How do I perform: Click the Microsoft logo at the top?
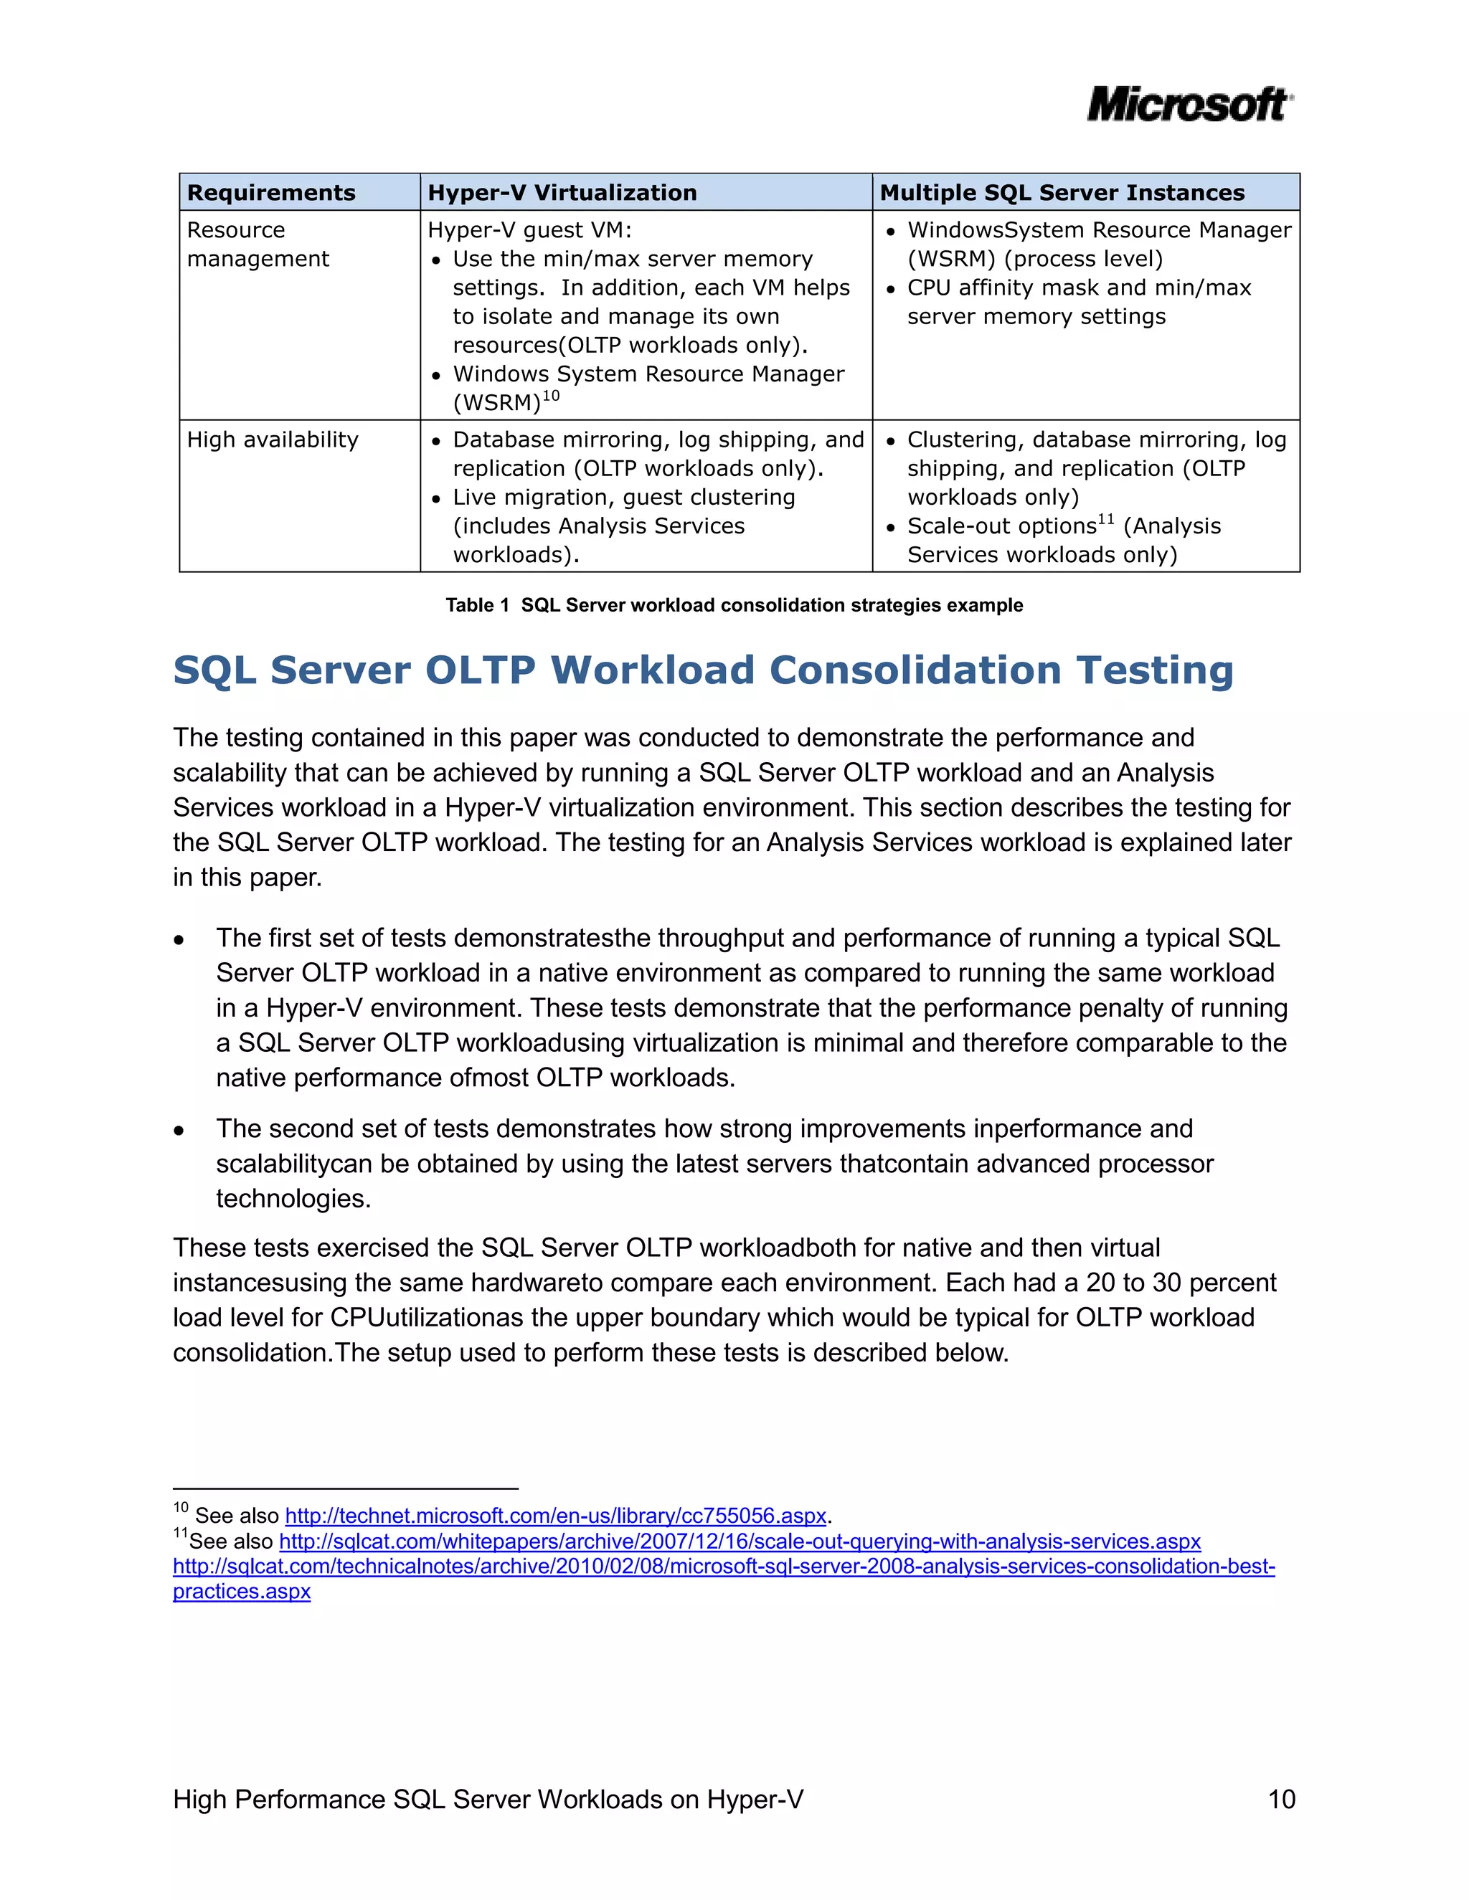click(1189, 105)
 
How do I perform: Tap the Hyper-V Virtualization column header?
click(562, 192)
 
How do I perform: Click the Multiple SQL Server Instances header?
click(1062, 192)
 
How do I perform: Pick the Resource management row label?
click(258, 244)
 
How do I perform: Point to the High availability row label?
click(273, 440)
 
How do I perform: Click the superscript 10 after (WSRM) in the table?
click(551, 396)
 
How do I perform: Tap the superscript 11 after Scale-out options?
click(1105, 519)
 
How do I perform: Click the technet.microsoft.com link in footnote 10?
click(555, 1516)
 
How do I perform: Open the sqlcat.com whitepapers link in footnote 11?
click(740, 1541)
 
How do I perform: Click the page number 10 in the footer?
click(1281, 1799)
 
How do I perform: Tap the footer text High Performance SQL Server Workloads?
click(487, 1799)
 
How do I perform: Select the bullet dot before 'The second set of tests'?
click(179, 1131)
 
